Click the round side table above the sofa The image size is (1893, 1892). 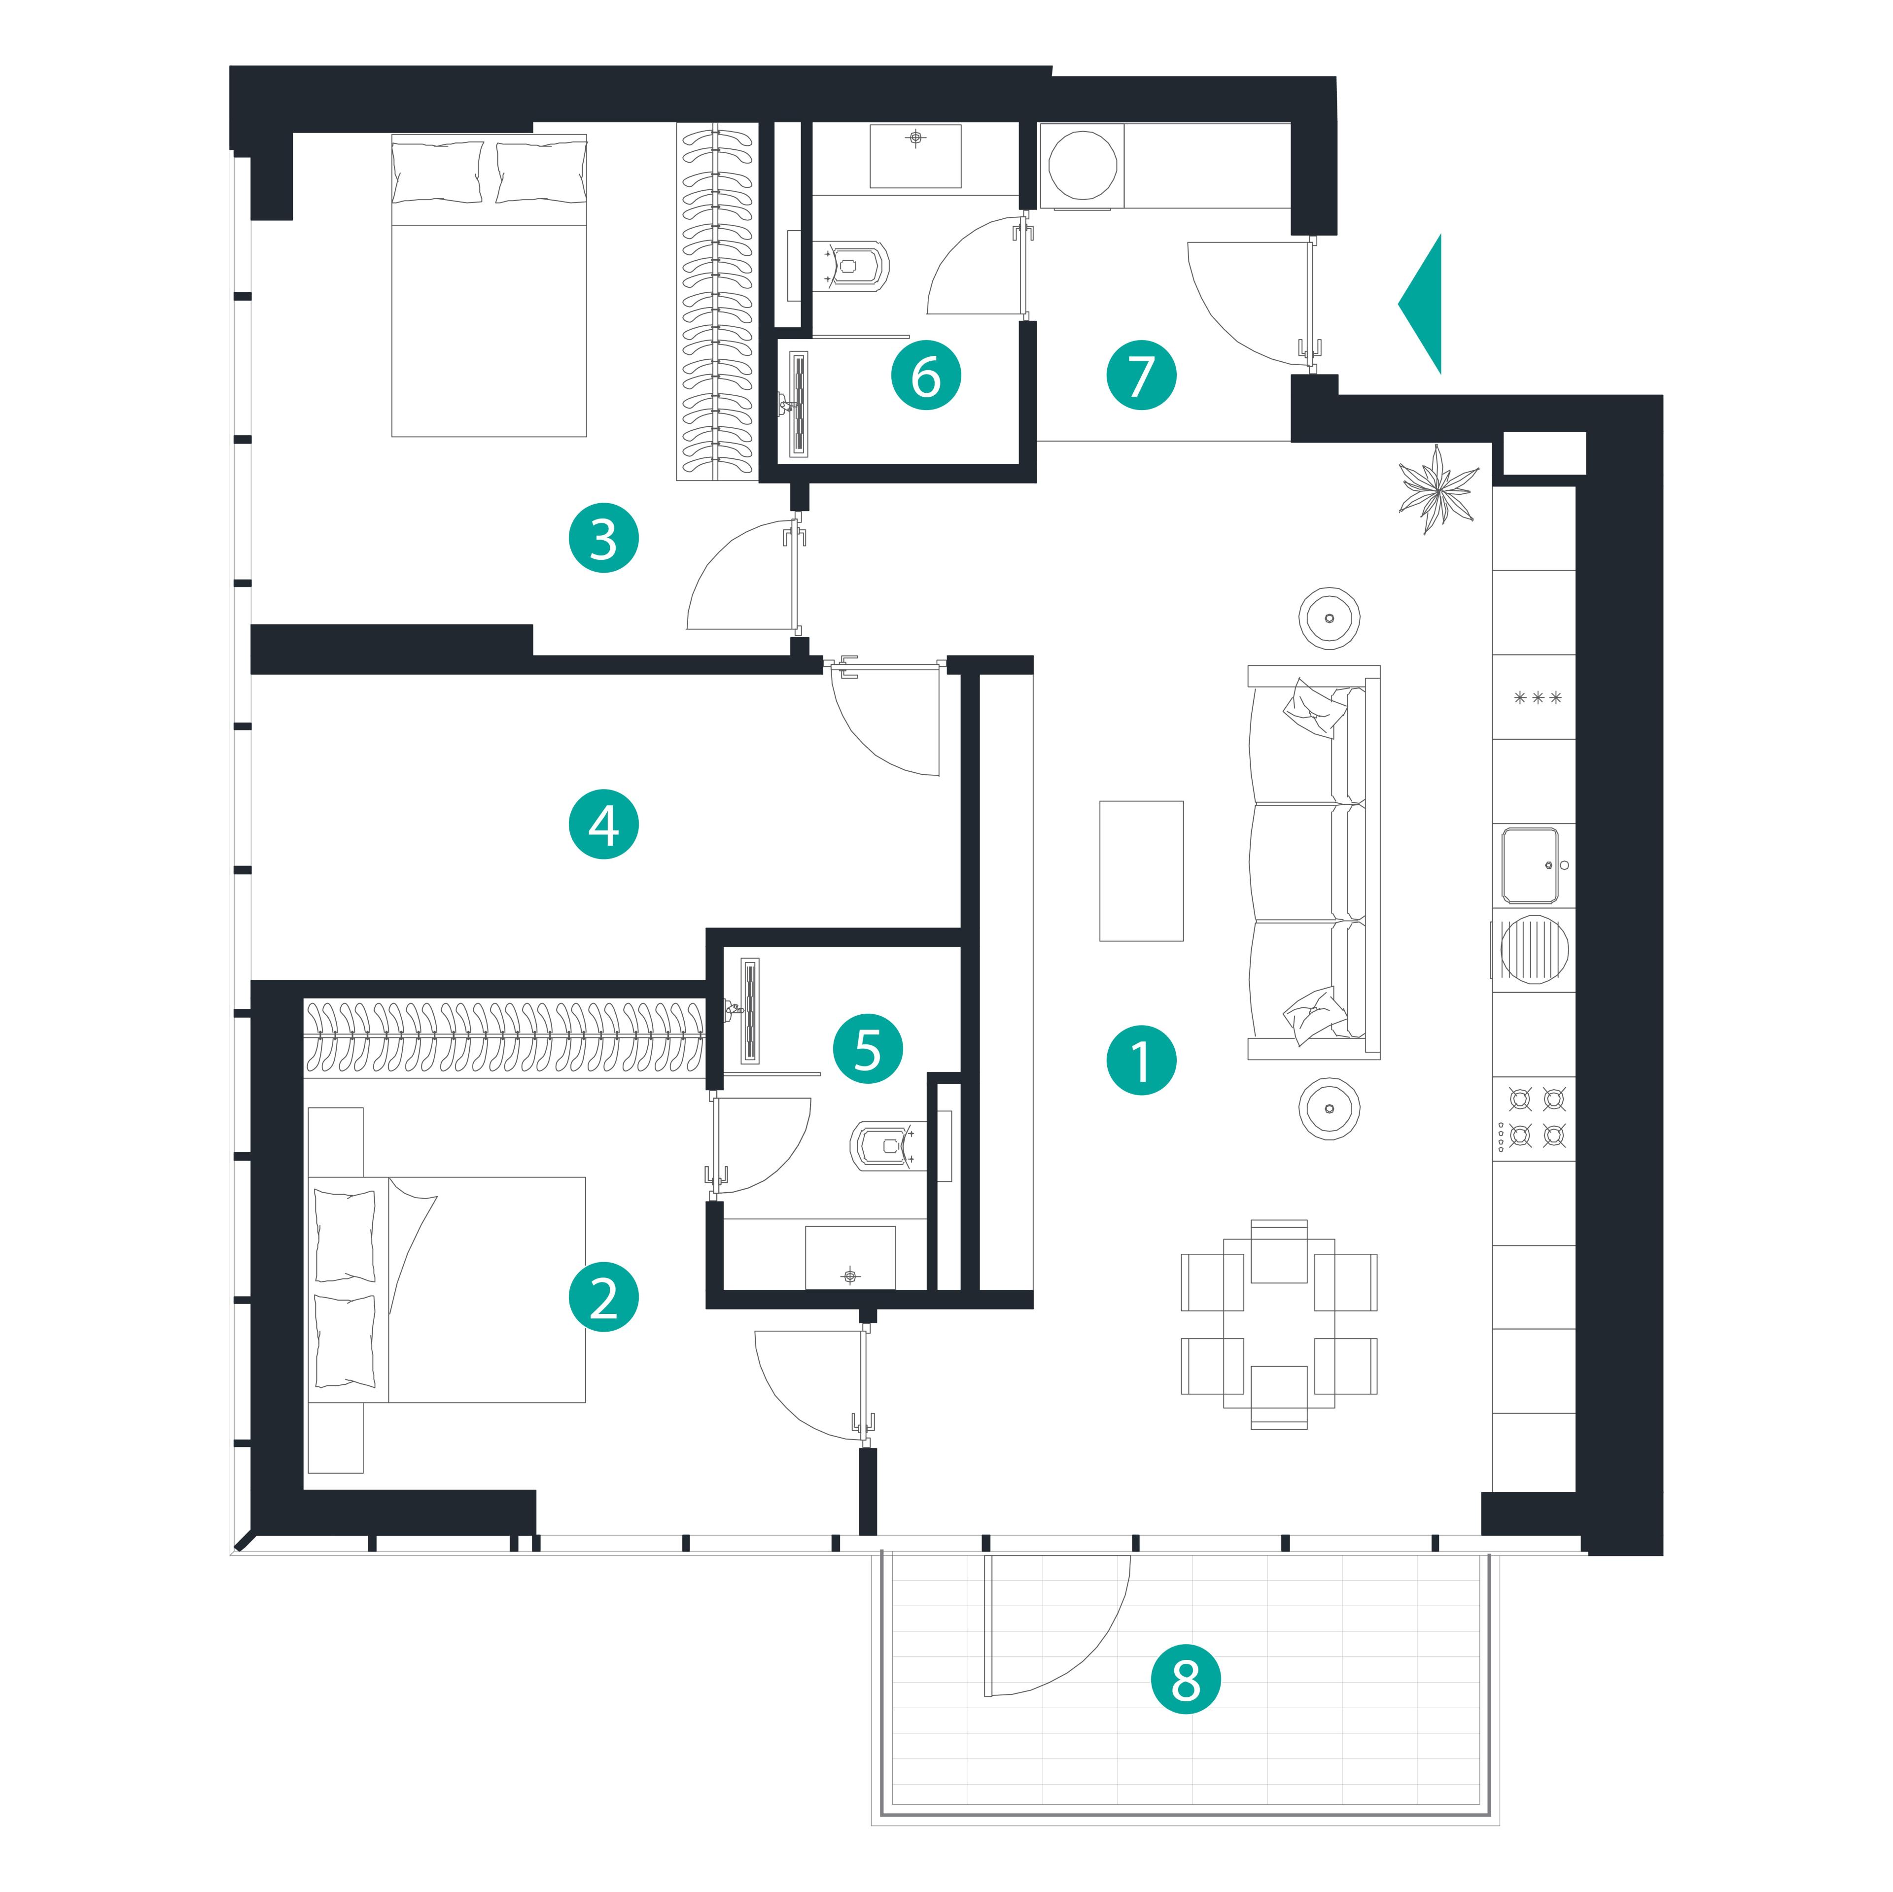click(x=1329, y=618)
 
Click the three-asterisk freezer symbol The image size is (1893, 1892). click(x=1538, y=698)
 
